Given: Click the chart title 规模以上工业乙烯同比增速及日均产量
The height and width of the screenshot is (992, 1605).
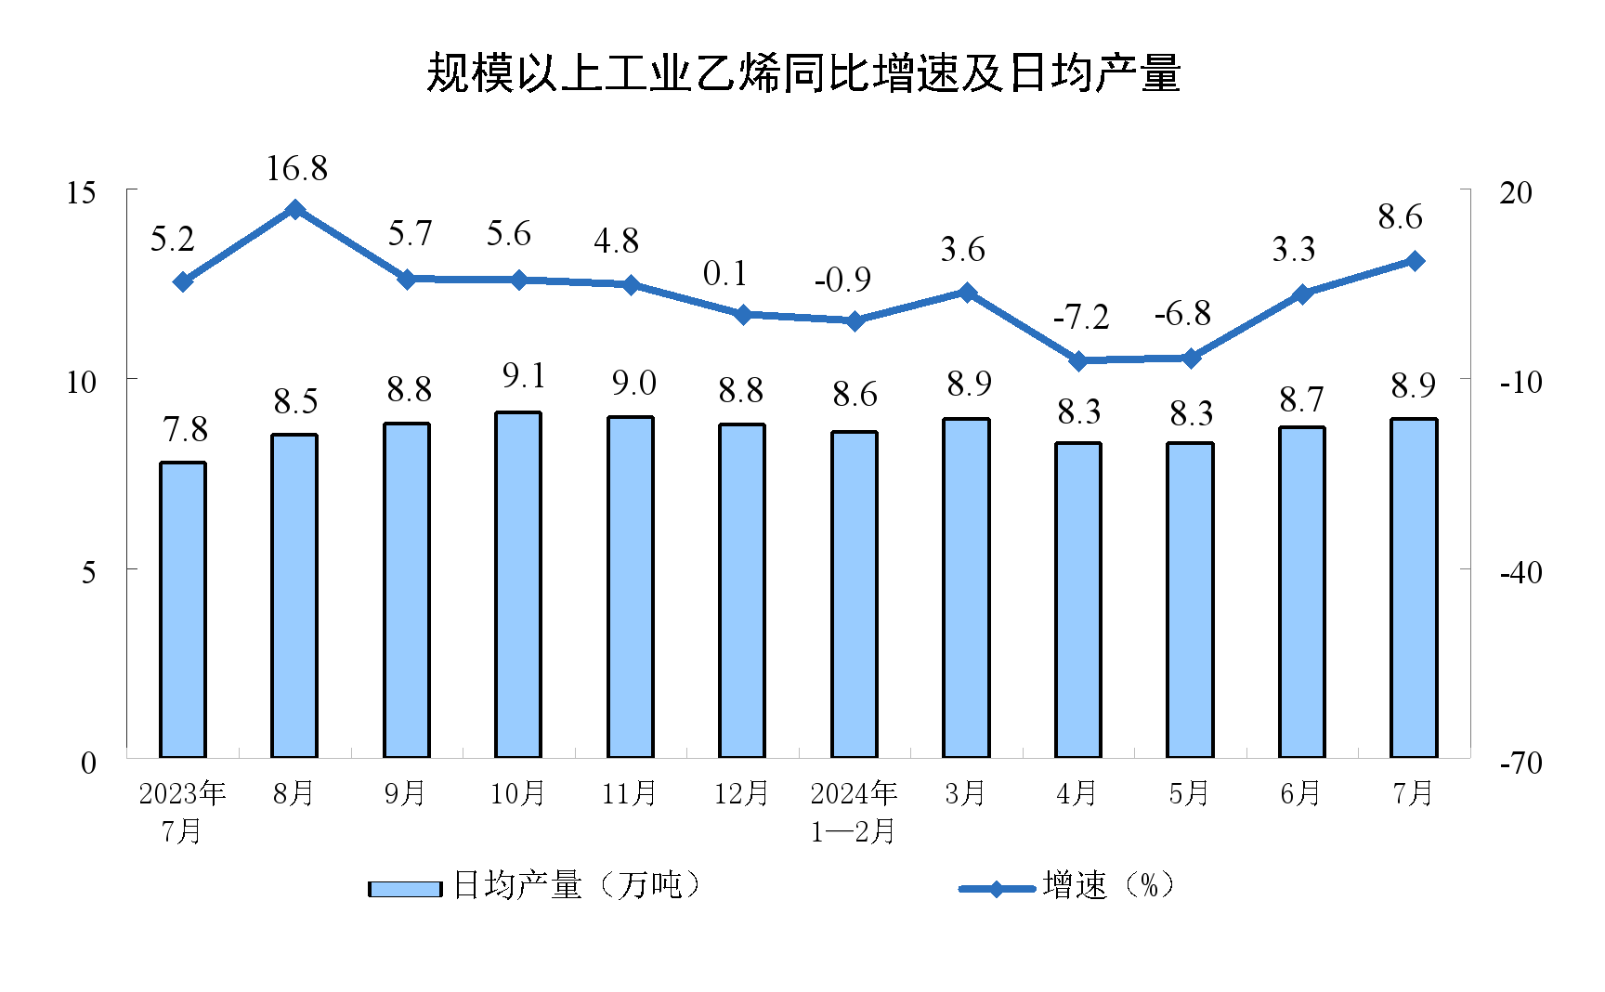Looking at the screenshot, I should click(x=802, y=73).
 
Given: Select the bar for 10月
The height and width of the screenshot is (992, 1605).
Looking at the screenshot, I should click(x=518, y=585).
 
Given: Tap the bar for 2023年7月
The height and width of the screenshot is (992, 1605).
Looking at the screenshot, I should click(x=183, y=609).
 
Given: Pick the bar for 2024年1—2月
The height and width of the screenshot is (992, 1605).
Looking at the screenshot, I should click(x=855, y=594).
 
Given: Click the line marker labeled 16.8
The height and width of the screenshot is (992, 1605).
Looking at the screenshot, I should click(x=295, y=210).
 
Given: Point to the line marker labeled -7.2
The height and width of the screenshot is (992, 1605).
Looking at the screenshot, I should click(x=1078, y=360).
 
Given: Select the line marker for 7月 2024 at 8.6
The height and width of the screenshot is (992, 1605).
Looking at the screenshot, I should click(x=1415, y=261).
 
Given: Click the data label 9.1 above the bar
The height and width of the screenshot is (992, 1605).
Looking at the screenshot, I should click(x=524, y=376).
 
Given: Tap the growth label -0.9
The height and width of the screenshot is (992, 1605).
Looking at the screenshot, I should click(x=842, y=280).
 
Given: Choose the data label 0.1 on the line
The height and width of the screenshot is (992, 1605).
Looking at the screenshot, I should click(x=725, y=274).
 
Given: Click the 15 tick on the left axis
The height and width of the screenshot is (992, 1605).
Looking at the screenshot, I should click(x=82, y=193).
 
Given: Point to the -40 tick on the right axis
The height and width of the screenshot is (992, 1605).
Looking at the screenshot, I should click(x=1520, y=572).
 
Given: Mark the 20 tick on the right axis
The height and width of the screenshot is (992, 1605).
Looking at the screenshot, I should click(x=1516, y=193).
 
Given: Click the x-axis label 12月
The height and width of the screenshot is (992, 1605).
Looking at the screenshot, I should click(x=741, y=793).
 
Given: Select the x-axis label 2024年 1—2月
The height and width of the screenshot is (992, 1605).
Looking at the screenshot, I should click(x=854, y=812).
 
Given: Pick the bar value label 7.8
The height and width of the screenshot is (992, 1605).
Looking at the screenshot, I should click(x=185, y=430).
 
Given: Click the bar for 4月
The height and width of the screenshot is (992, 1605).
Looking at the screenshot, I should click(x=1078, y=600).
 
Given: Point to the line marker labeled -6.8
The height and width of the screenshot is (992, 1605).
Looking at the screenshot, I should click(x=1191, y=358).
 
